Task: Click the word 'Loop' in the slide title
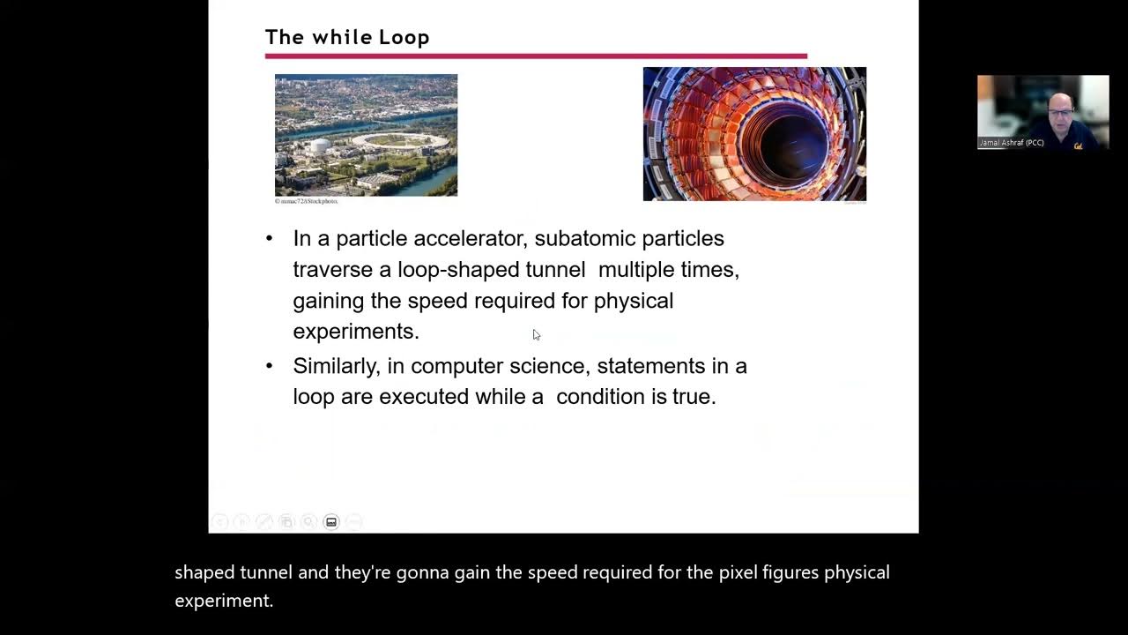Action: (x=404, y=37)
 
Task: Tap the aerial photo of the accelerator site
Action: (x=366, y=135)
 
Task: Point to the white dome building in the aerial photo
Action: (x=319, y=146)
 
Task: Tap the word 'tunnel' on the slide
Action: (x=555, y=269)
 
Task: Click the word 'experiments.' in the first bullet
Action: (x=356, y=331)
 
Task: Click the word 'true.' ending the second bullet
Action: (x=694, y=397)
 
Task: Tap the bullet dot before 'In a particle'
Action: (x=270, y=239)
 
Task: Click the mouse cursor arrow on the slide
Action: (x=536, y=334)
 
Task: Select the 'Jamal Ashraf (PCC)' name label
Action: (x=1012, y=143)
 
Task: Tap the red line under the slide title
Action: (x=536, y=56)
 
